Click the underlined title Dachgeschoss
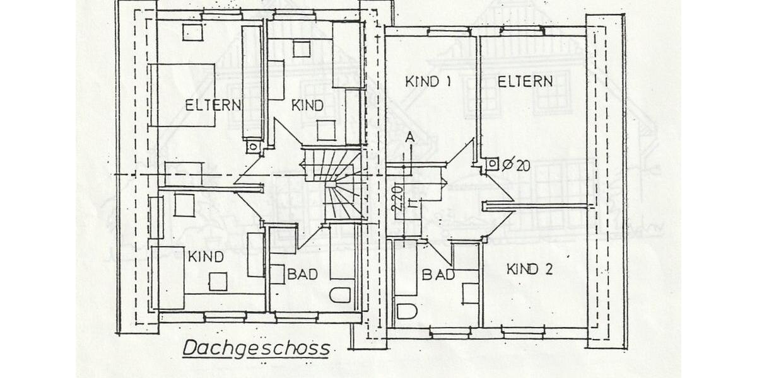click(256, 348)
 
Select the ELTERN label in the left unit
click(213, 105)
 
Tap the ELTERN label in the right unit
click(525, 81)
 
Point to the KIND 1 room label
click(429, 81)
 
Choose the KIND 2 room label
click(530, 270)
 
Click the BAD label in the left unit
click(302, 275)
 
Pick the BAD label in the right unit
click(438, 275)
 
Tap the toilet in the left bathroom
click(341, 294)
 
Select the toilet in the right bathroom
click(406, 312)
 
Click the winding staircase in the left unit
click(334, 183)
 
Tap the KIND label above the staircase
click(307, 106)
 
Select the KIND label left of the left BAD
click(206, 257)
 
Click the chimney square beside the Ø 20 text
click(491, 165)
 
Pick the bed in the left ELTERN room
click(182, 94)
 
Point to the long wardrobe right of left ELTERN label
click(252, 82)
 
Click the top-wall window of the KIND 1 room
click(449, 30)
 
